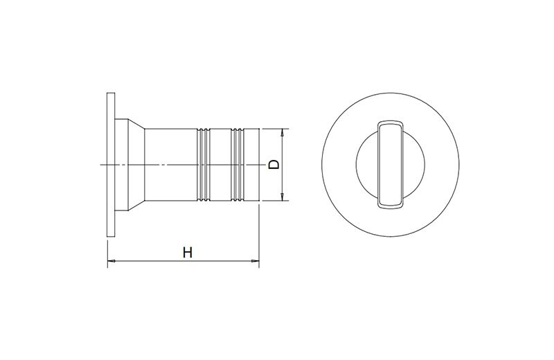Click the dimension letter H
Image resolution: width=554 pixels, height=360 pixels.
188,252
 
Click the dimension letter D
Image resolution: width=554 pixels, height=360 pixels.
274,164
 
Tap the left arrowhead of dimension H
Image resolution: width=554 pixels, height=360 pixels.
111,261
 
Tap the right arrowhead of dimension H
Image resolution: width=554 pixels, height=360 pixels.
255,261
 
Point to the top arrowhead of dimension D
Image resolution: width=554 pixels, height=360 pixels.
282,133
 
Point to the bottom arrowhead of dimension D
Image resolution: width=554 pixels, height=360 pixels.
282,197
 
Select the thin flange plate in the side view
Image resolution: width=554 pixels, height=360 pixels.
111,165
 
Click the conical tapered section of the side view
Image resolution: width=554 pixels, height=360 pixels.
136,165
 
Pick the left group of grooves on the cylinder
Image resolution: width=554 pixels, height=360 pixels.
203,165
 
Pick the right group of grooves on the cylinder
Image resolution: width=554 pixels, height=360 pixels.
237,165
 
